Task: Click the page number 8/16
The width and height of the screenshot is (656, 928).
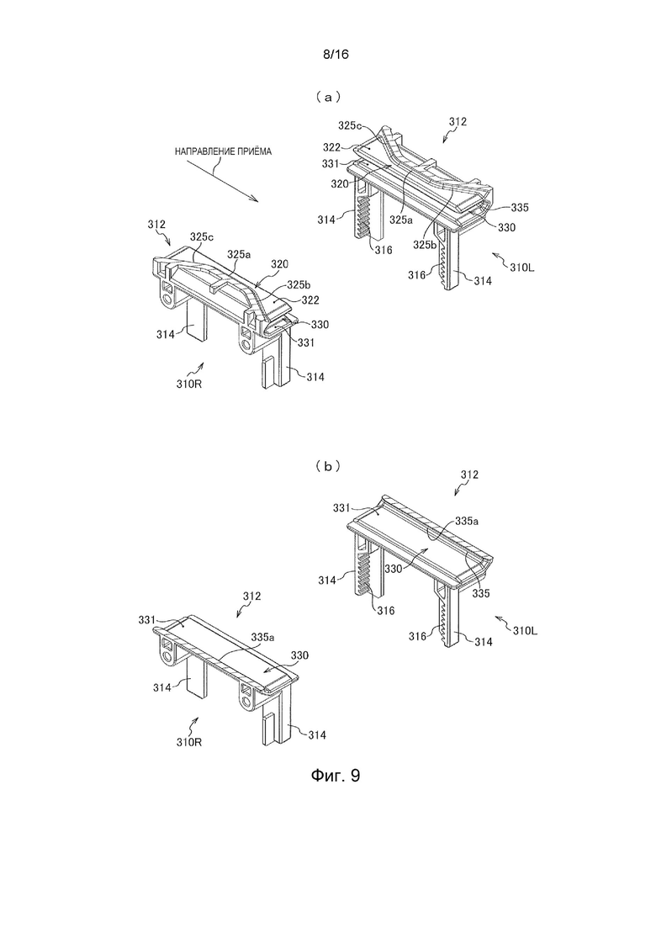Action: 336,55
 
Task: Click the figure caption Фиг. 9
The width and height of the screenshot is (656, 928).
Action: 335,776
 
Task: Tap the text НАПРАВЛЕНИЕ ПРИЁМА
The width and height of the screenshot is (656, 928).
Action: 223,151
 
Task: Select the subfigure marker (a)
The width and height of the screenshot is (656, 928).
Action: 328,97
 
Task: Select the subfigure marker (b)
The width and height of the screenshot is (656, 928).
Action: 328,466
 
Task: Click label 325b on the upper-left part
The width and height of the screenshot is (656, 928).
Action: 299,284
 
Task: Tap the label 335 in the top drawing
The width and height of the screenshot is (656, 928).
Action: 520,208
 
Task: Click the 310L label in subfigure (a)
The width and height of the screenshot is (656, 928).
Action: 522,268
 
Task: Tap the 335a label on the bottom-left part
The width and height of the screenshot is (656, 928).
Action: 263,638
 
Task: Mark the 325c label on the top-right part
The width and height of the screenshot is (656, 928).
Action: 350,125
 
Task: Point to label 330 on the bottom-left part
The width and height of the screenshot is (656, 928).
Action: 299,655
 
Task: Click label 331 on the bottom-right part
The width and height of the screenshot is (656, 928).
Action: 341,508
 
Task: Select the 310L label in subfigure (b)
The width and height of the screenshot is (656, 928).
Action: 526,632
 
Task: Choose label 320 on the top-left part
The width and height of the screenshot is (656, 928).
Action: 278,262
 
